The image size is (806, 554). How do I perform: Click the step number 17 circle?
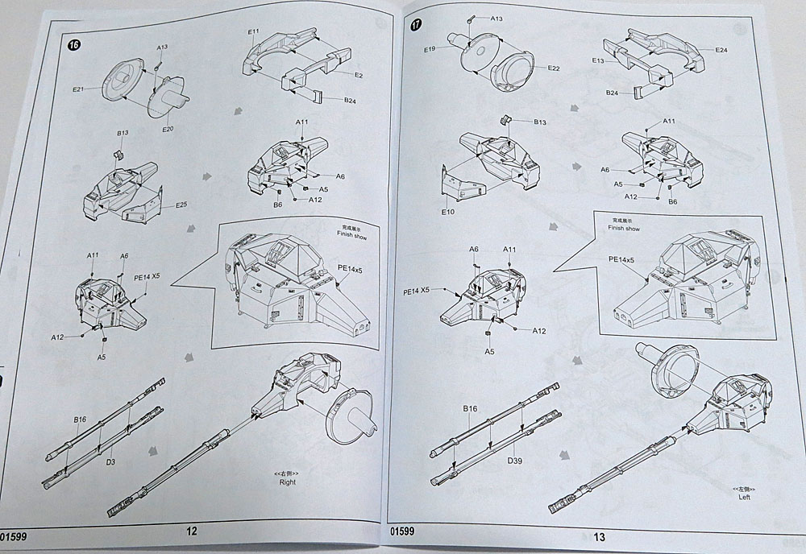click(x=416, y=24)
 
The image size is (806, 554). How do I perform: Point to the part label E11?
click(x=253, y=32)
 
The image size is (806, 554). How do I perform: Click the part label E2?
click(x=359, y=75)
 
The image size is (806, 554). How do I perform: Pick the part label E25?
click(x=181, y=205)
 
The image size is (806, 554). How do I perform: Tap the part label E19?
click(x=430, y=49)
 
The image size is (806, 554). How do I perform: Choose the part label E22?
click(x=554, y=68)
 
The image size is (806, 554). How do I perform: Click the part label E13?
click(x=598, y=60)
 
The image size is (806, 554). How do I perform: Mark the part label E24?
click(x=721, y=50)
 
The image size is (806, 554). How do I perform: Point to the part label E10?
click(x=449, y=212)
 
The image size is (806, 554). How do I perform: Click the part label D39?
click(x=516, y=461)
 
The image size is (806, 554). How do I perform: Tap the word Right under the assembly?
click(x=287, y=482)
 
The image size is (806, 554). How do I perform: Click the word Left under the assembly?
click(x=744, y=498)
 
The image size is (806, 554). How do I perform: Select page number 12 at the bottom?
click(x=191, y=531)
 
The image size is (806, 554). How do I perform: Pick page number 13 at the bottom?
click(x=599, y=537)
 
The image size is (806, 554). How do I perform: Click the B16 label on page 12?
click(x=80, y=420)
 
